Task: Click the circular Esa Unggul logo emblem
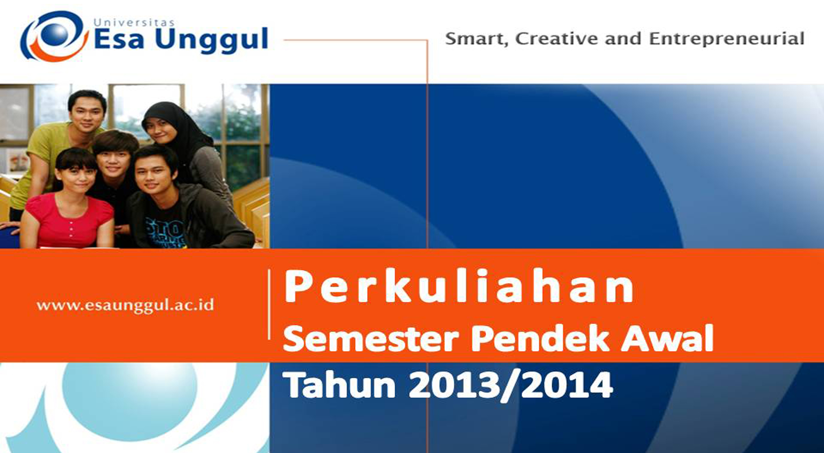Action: point(54,36)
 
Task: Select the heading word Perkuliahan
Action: point(459,286)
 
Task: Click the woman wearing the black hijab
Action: point(185,150)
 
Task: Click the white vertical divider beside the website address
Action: point(269,304)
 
